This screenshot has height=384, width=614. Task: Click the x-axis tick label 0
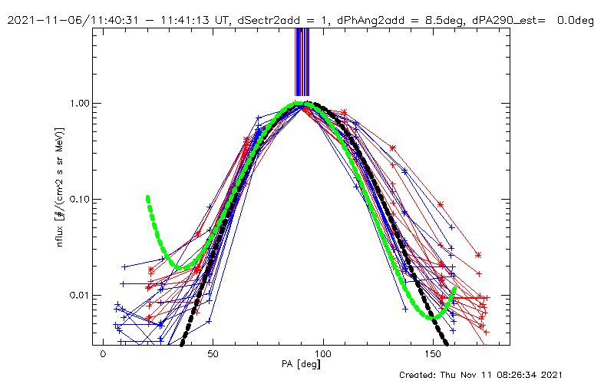point(103,355)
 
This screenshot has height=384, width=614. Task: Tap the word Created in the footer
point(421,375)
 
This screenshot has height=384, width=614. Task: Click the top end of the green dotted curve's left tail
point(147,198)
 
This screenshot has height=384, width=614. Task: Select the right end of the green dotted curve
point(455,290)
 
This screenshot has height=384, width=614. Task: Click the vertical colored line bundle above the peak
point(302,61)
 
